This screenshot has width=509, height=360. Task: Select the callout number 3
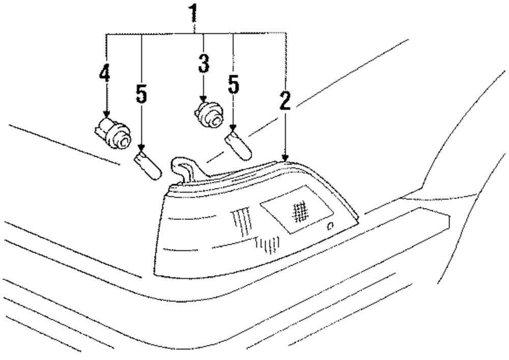[x=204, y=65]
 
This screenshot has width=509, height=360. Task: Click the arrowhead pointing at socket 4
[x=106, y=114]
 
